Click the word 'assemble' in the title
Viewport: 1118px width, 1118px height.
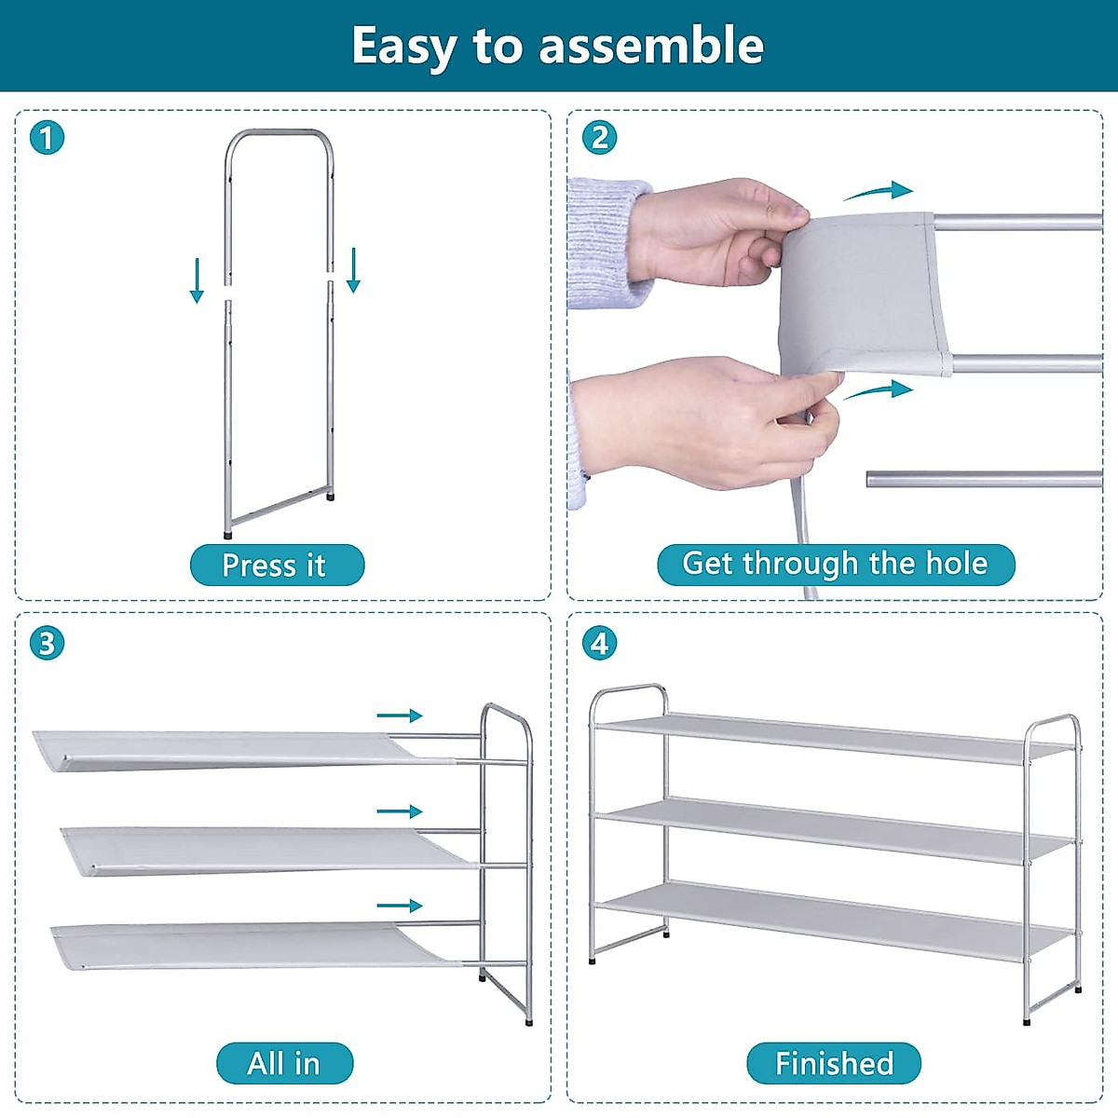tap(651, 45)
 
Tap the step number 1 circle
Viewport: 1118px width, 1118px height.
tap(47, 138)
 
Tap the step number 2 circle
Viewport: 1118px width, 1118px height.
tap(599, 138)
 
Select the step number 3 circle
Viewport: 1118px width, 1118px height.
tap(47, 643)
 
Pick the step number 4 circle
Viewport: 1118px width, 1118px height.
tap(599, 643)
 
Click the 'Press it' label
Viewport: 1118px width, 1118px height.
tap(276, 565)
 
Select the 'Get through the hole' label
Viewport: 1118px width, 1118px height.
tap(835, 564)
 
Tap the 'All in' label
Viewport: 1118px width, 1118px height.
tap(284, 1063)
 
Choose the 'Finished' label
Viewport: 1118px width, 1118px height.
tap(834, 1063)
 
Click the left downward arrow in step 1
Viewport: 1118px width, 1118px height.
tap(197, 280)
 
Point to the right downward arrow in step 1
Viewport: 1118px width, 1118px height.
tap(353, 270)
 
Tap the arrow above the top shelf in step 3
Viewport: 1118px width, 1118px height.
tap(400, 716)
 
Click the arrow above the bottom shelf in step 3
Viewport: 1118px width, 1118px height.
tap(400, 906)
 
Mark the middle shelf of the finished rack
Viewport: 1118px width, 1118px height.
tap(834, 828)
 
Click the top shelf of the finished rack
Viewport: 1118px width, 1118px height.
tap(834, 738)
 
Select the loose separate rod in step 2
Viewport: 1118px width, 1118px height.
tap(983, 479)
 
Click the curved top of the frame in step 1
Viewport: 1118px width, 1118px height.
tap(279, 135)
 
